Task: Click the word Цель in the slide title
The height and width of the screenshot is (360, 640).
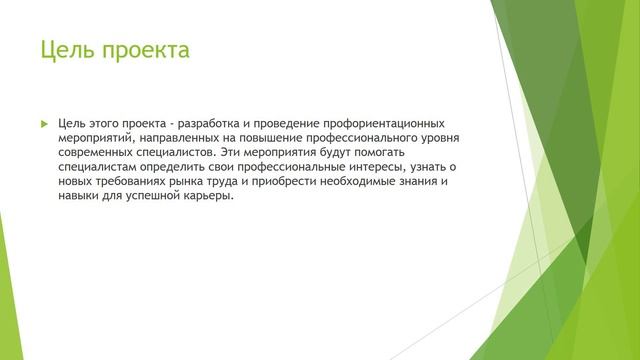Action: click(x=67, y=49)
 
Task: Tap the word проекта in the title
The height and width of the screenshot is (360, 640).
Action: click(x=144, y=50)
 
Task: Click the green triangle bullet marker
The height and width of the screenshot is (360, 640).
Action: click(x=43, y=122)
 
